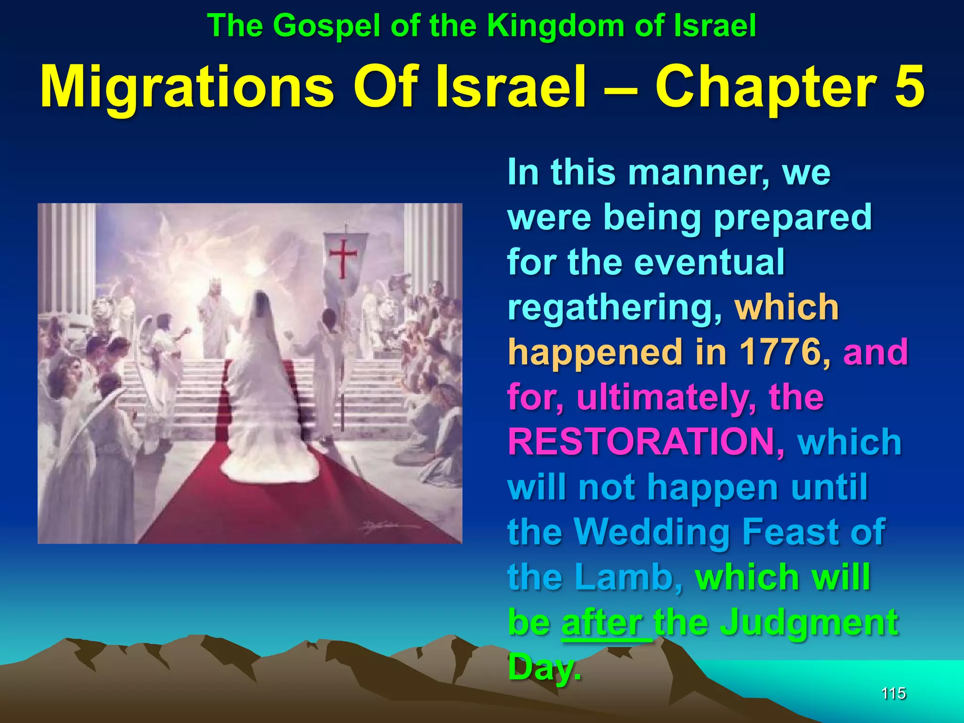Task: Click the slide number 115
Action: [x=893, y=693]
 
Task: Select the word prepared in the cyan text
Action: [x=793, y=217]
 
